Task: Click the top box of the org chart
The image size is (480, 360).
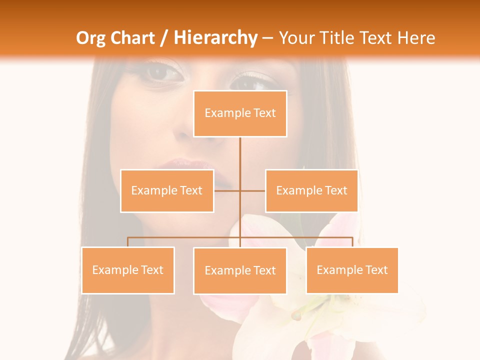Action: pyautogui.click(x=240, y=113)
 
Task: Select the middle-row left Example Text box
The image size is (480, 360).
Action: pyautogui.click(x=167, y=190)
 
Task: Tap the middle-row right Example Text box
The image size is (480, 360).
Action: pyautogui.click(x=311, y=190)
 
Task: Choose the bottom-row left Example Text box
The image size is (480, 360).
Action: pyautogui.click(x=128, y=270)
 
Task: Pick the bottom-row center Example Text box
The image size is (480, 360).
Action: pyautogui.click(x=240, y=270)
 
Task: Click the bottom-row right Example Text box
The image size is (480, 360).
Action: pyautogui.click(x=352, y=270)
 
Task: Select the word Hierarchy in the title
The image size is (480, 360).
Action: pyautogui.click(x=215, y=38)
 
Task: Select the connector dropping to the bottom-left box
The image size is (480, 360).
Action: pyautogui.click(x=128, y=242)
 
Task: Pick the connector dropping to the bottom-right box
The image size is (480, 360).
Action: pyautogui.click(x=352, y=242)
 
